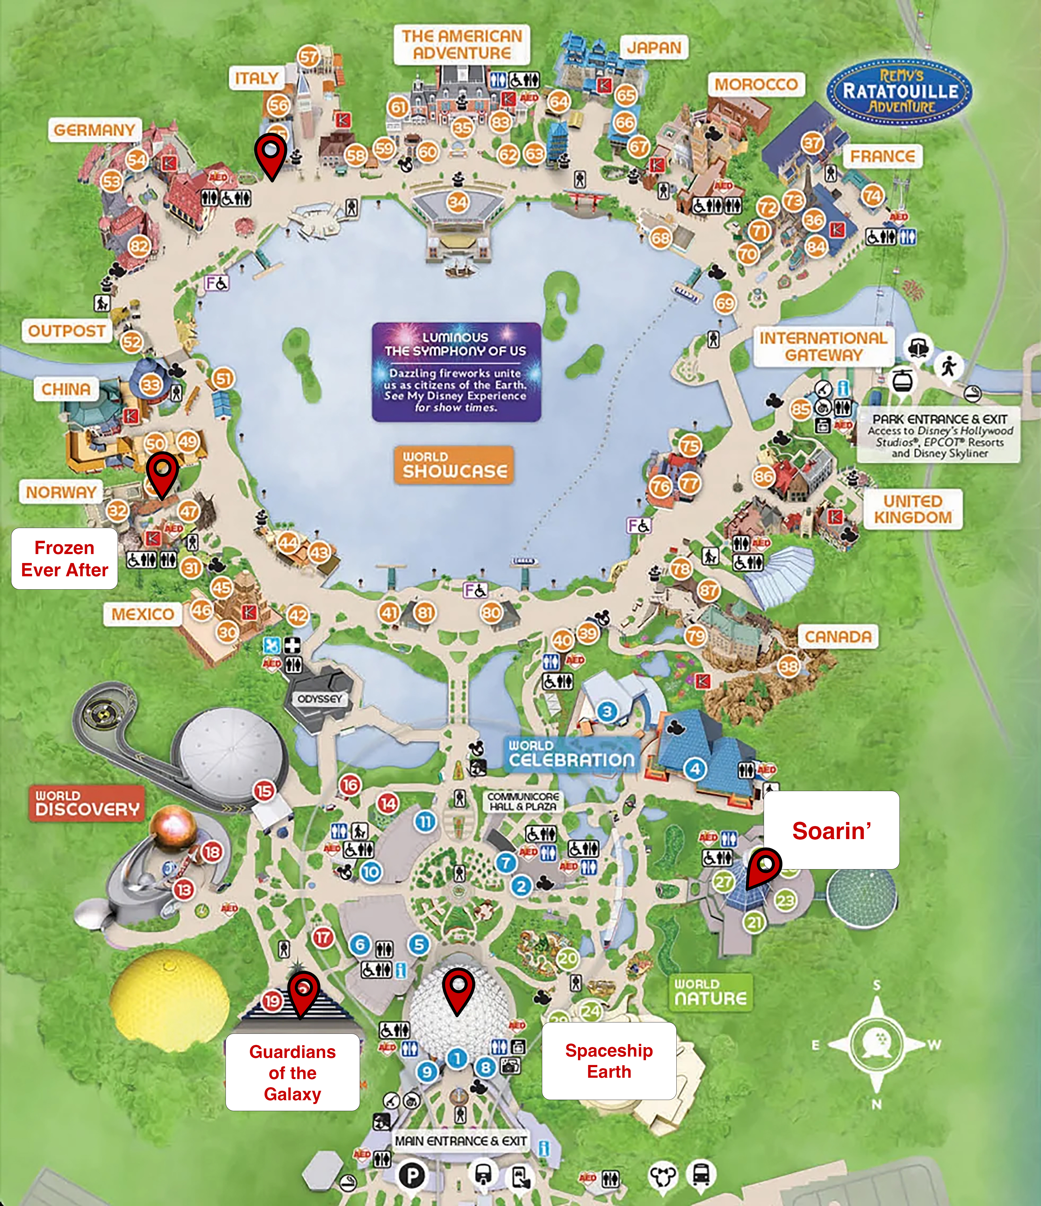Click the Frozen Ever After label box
pyautogui.click(x=65, y=559)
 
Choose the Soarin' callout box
pyautogui.click(x=831, y=831)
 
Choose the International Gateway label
pyautogui.click(x=823, y=346)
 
